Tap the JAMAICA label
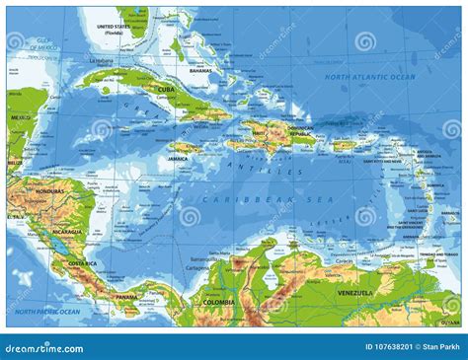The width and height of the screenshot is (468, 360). pos(178,158)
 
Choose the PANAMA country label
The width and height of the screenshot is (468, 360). pos(126,296)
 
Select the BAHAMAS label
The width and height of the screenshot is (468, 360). pos(200,71)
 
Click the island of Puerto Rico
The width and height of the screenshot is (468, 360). pos(342,145)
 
